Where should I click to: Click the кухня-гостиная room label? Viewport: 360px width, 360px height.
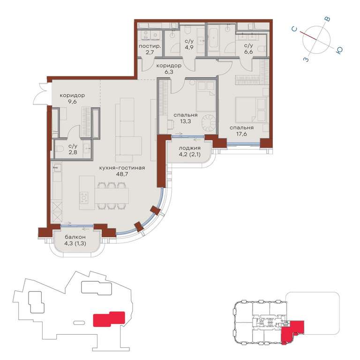point(122,168)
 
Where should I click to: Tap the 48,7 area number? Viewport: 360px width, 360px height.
point(122,174)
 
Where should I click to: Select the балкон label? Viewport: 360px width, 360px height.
point(75,237)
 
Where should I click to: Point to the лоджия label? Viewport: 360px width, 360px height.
point(190,148)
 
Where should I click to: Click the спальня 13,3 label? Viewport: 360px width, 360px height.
point(186,115)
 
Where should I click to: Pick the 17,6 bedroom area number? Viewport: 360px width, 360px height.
point(241,134)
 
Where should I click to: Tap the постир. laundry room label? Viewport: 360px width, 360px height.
point(150,46)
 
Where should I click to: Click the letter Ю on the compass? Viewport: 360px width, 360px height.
point(339,50)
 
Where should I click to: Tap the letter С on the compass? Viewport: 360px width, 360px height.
point(294,29)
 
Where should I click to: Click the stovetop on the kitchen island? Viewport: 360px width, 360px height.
point(83,197)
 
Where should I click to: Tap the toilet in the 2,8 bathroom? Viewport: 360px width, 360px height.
point(59,149)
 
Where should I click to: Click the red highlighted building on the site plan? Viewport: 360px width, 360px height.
point(109,319)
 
